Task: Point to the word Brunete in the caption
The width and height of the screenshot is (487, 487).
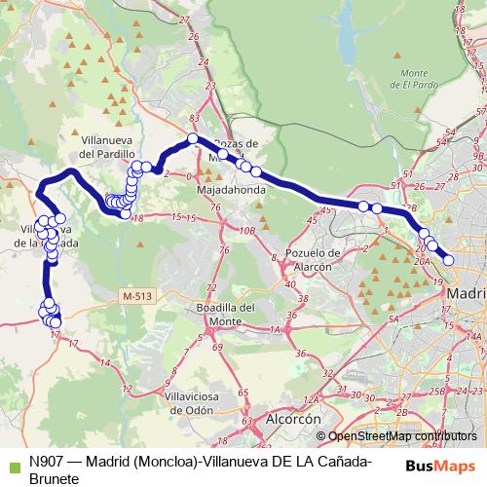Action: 54,479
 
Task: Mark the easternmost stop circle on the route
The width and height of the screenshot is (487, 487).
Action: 448,259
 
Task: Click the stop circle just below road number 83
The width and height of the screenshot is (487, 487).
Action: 193,138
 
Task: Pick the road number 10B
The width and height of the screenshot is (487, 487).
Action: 248,230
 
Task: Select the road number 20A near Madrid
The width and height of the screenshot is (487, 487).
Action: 421,261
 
